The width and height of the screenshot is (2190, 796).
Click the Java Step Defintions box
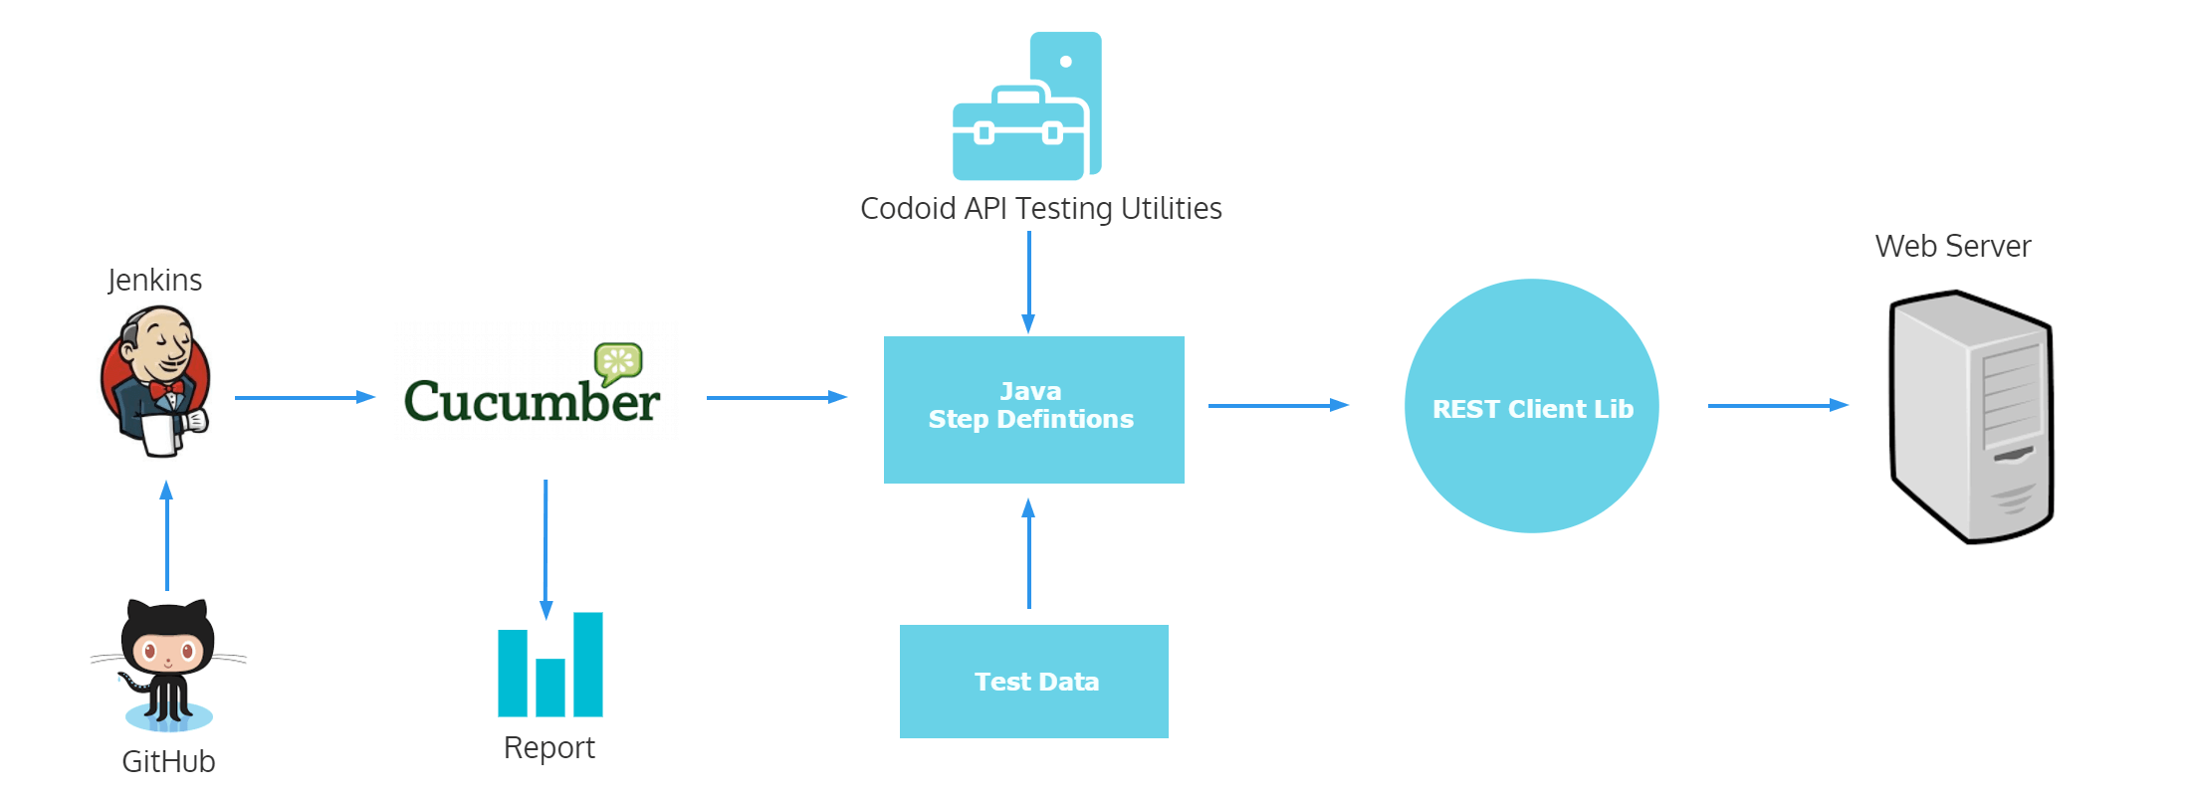(1033, 409)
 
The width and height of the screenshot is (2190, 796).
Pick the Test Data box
(1033, 682)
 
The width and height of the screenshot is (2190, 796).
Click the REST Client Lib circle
(1531, 406)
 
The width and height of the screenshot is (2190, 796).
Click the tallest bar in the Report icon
(588, 664)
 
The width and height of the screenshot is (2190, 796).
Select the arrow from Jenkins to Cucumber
(304, 397)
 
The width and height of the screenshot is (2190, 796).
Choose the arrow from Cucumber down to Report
(546, 548)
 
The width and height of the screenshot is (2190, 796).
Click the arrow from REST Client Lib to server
(1777, 405)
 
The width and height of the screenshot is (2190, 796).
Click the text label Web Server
(1952, 246)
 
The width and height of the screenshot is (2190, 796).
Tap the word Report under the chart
(548, 747)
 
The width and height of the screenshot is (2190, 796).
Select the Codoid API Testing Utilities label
(1040, 208)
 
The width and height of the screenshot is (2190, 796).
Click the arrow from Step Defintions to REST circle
(1277, 405)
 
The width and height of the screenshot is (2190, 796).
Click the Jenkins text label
(154, 280)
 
